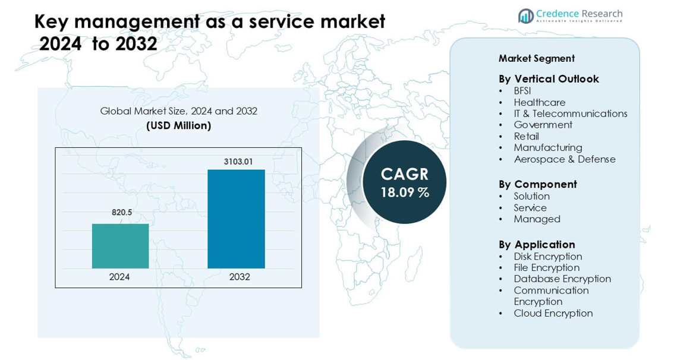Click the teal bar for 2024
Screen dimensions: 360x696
click(121, 246)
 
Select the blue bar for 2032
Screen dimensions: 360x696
click(236, 219)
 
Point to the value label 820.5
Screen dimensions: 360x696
click(122, 212)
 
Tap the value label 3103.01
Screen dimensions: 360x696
click(238, 162)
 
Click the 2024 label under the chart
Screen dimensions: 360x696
click(119, 277)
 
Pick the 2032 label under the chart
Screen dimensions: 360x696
click(240, 277)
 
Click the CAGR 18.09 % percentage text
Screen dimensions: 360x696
click(405, 192)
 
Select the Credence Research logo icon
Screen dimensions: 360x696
click(525, 16)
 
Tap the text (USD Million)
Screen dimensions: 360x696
click(178, 126)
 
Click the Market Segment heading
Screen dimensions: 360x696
click(536, 58)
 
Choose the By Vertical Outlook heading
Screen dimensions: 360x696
click(549, 79)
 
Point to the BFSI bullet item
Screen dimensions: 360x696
click(522, 91)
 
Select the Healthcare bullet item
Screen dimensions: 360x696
click(540, 102)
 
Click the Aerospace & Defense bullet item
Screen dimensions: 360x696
click(565, 159)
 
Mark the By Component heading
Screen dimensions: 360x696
click(537, 184)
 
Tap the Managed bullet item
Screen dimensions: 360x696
click(537, 219)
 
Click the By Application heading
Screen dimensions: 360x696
click(537, 244)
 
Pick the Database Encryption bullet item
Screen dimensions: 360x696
click(562, 279)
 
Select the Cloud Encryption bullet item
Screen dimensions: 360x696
click(553, 313)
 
